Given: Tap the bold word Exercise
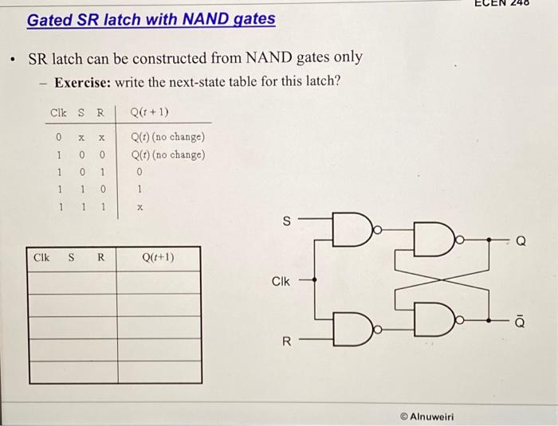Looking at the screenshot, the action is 84,82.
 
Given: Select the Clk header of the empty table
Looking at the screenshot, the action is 42,257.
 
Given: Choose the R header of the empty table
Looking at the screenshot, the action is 101,257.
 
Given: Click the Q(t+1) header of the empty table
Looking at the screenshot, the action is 158,257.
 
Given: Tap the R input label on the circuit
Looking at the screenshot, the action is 288,341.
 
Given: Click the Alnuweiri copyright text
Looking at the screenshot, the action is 428,416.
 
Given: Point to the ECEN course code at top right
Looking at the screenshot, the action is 517,4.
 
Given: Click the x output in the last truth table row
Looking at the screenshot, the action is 139,206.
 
